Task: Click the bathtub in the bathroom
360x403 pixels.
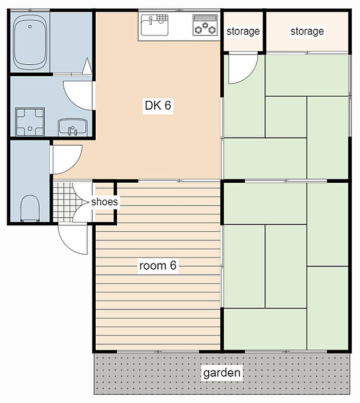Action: (x=30, y=42)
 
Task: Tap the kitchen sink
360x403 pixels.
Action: (x=155, y=25)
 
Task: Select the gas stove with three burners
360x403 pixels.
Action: (x=205, y=25)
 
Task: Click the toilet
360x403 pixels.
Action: (x=30, y=208)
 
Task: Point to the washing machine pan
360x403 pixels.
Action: (x=30, y=122)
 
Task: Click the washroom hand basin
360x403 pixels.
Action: (x=73, y=127)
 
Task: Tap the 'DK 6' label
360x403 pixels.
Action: (x=158, y=106)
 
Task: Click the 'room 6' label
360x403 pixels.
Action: (x=158, y=266)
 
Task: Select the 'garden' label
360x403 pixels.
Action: (x=222, y=373)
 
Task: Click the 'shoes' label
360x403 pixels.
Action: (x=104, y=202)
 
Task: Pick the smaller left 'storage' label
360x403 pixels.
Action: (x=243, y=31)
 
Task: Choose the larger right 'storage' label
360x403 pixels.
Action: (x=307, y=31)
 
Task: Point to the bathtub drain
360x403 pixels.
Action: (x=30, y=26)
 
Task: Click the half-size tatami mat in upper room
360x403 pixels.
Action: (x=286, y=117)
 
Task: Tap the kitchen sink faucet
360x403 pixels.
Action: (x=151, y=20)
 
